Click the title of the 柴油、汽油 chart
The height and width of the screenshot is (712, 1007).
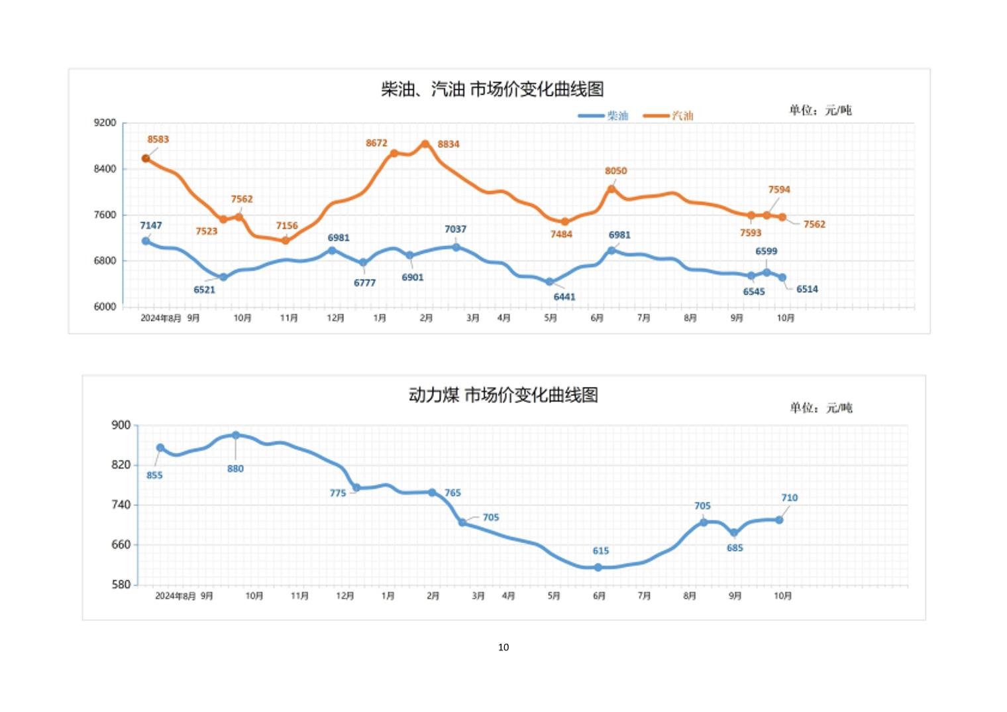[492, 89]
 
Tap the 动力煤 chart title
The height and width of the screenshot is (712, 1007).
[503, 395]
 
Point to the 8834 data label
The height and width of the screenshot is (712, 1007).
[449, 144]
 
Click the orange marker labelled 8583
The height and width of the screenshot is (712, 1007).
[146, 158]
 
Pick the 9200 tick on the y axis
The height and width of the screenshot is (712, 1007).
[105, 123]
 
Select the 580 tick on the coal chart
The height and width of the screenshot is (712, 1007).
[121, 585]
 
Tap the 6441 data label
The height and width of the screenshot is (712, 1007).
[564, 297]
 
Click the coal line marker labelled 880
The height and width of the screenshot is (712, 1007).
[236, 436]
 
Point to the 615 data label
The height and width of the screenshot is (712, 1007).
[601, 551]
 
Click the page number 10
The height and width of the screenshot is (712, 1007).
[503, 647]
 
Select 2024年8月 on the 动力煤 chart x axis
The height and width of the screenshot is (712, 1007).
[176, 596]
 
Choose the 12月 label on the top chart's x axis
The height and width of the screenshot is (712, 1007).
[336, 318]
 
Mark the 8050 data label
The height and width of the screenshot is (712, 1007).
[615, 171]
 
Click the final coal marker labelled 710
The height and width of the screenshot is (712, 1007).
[779, 520]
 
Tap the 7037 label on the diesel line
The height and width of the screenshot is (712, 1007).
[455, 229]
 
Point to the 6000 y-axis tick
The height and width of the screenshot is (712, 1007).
[105, 307]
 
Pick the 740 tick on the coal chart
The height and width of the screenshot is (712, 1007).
[121, 505]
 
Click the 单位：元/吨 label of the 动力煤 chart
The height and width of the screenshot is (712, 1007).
[821, 408]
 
